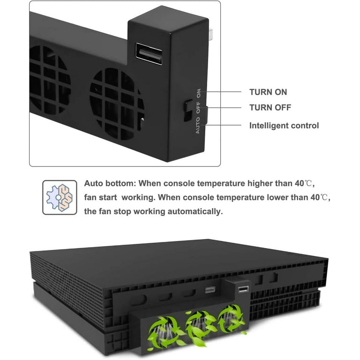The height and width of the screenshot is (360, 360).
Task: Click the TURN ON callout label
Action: pos(268,92)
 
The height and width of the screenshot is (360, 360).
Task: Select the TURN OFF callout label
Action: pos(270,107)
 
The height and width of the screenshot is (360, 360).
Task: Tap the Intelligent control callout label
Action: pos(284,126)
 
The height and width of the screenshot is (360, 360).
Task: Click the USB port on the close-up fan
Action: pos(149,54)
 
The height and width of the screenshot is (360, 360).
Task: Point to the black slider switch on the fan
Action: pos(189,111)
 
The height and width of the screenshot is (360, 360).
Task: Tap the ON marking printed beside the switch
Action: pos(199,93)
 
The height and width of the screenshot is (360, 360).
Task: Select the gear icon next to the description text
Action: pos(60,197)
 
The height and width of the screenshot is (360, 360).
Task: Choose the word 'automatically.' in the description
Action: pos(195,211)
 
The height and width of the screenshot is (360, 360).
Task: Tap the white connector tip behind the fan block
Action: pos(211,34)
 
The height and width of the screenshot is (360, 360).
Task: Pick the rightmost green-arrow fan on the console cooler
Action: pos(231,318)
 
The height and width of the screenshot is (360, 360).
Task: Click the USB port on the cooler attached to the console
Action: pos(243,289)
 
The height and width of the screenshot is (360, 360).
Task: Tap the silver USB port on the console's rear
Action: pos(210,290)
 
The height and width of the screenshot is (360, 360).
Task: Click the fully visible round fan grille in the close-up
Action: pos(117,104)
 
